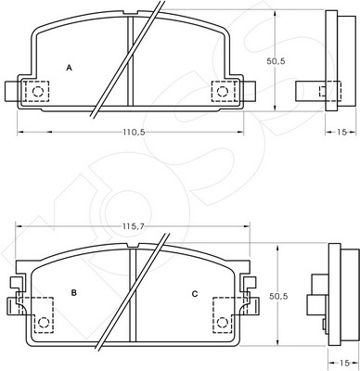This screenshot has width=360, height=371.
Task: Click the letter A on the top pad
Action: point(70,68)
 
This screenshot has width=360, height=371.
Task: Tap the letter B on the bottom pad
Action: point(73,292)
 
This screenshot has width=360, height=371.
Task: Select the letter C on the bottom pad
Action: point(195,294)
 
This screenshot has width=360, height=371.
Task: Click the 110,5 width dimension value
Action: point(134,132)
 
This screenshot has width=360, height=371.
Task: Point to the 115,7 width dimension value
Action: point(133,226)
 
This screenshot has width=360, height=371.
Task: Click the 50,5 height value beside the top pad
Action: point(276,61)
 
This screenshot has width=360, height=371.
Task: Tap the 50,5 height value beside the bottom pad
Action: point(278,296)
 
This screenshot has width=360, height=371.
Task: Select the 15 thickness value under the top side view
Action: point(341,132)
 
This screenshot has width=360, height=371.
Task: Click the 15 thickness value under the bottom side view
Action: point(344,363)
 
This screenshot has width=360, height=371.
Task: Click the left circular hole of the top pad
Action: point(38,91)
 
